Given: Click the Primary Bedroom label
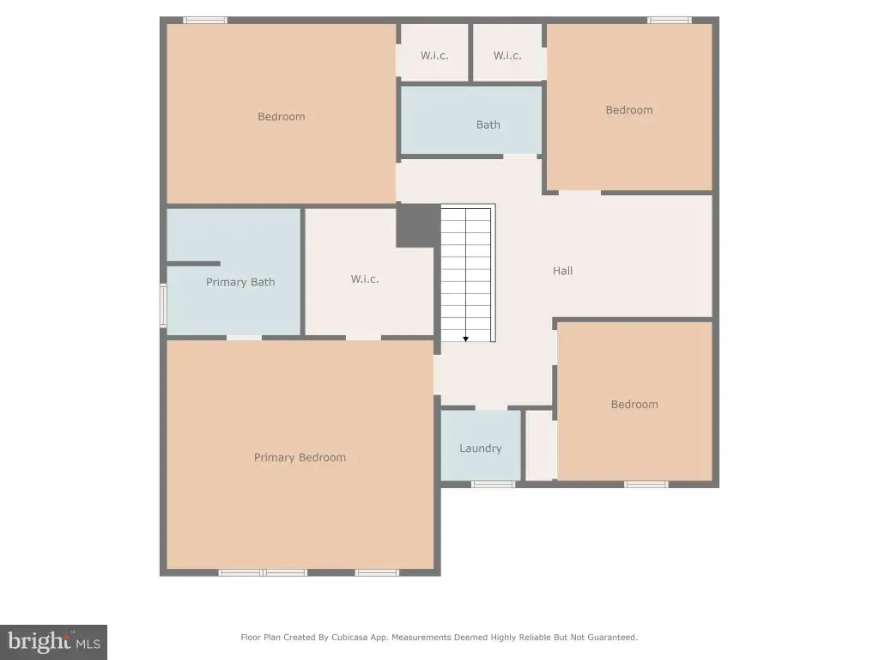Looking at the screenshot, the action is [300, 457].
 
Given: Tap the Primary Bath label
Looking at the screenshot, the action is [240, 282].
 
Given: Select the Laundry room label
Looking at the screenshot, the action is [481, 449].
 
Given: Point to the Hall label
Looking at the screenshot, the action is [563, 271].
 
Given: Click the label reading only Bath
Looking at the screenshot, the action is [488, 125].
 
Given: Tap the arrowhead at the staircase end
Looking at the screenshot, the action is [466, 339].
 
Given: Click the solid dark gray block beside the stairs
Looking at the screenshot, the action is [418, 226].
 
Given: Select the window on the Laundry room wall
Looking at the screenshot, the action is [493, 485].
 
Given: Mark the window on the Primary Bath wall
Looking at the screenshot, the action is [163, 306].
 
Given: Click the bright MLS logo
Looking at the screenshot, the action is [53, 642].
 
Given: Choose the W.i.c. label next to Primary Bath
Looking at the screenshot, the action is [365, 279].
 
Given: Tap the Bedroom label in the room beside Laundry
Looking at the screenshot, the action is [634, 405].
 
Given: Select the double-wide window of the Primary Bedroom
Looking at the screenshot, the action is [263, 572].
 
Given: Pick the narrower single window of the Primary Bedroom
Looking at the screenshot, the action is [378, 572].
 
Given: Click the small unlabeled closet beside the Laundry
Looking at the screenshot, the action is [540, 446].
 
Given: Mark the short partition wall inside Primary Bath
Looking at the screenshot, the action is [193, 264].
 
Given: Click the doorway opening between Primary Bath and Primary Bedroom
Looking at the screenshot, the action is [244, 337].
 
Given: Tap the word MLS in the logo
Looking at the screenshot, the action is [87, 645].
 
